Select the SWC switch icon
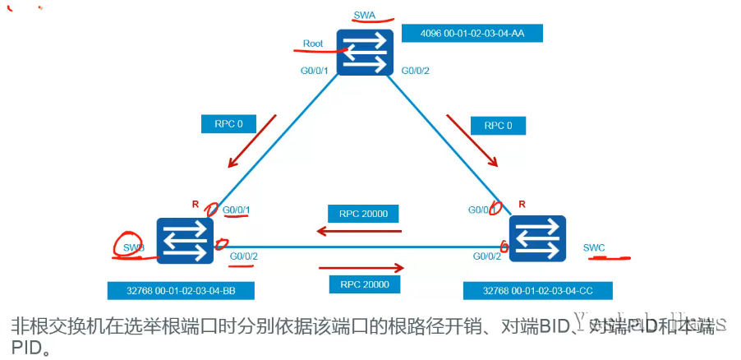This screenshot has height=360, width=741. click(537, 238)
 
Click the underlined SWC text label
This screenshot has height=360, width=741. click(594, 247)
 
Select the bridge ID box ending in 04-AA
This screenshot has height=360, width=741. click(473, 33)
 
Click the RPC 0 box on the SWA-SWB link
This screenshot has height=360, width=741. click(229, 124)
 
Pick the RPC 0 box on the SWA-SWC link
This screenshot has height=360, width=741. click(498, 126)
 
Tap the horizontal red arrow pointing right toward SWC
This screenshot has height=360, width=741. click(361, 267)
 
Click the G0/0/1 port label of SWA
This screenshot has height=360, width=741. click(315, 71)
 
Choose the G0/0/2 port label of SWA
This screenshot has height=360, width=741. click(416, 71)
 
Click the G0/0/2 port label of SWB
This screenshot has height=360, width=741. click(244, 256)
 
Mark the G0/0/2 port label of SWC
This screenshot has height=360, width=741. click(487, 256)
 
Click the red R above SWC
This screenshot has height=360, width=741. click(522, 202)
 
